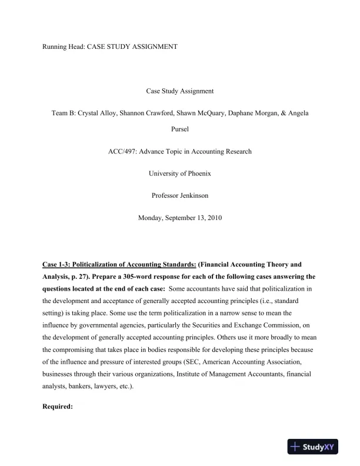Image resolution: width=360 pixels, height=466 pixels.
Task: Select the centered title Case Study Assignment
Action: tap(179, 91)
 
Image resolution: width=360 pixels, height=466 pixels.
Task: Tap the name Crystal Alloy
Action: tap(99, 112)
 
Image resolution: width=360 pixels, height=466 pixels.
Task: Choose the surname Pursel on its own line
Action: tap(179, 127)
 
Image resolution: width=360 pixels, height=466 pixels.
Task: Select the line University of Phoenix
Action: tap(179, 174)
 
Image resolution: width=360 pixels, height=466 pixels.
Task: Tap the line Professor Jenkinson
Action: tap(179, 195)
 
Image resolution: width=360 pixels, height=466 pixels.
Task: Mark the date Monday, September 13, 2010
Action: tap(179, 218)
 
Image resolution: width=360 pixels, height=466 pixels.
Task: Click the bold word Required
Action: tap(58, 406)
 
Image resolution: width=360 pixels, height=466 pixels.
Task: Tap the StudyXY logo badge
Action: tap(316, 447)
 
